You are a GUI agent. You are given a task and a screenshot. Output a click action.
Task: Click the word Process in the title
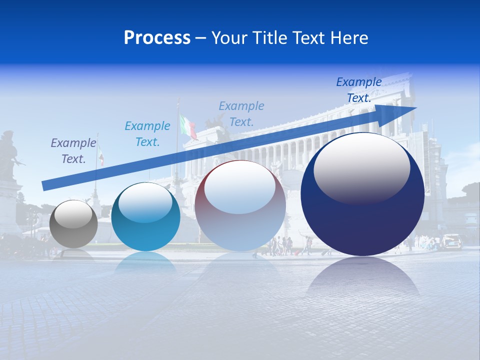pos(157,38)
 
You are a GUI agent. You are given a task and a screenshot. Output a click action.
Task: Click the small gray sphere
pos(74,224)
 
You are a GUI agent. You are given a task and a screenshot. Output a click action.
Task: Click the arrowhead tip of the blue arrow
pos(414,108)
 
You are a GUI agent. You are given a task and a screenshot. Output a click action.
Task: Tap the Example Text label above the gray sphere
pos(73,151)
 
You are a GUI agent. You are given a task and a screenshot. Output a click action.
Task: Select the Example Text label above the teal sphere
pos(147,134)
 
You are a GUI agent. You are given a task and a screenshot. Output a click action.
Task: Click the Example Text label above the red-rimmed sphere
pos(241,113)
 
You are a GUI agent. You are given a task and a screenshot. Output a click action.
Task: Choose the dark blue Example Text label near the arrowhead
pos(359,90)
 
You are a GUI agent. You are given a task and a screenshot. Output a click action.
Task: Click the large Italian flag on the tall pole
pos(188,126)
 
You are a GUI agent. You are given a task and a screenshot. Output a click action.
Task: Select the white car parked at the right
pos(451,241)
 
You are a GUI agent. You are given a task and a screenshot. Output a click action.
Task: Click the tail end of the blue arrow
pos(45,185)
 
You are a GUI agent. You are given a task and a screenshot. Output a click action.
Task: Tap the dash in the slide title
pos(200,38)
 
